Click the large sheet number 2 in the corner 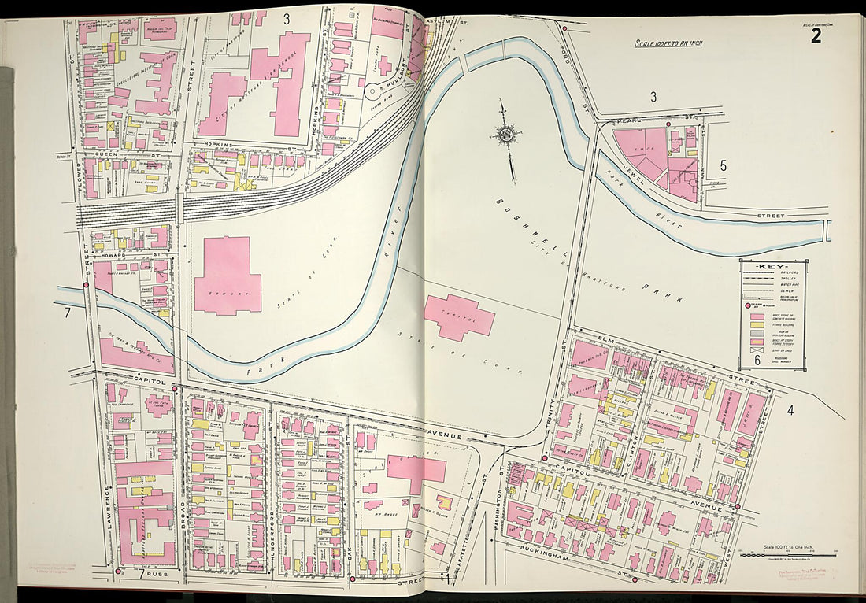pyautogui.click(x=816, y=35)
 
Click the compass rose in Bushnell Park pyautogui.click(x=504, y=135)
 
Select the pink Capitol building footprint pyautogui.click(x=458, y=316)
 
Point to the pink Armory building pyautogui.click(x=227, y=276)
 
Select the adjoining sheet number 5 pyautogui.click(x=723, y=166)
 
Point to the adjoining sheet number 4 pyautogui.click(x=790, y=409)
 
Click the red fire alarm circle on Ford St pyautogui.click(x=564, y=28)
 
